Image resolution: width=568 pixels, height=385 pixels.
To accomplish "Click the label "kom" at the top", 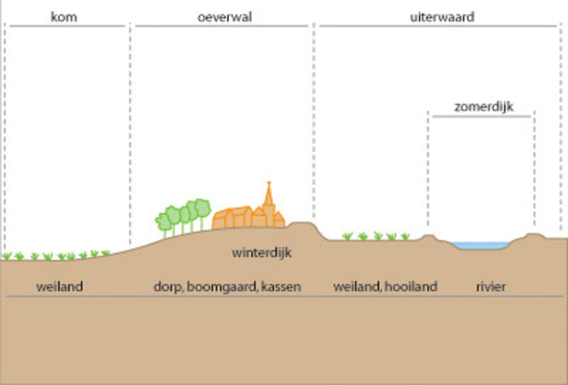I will (64, 17).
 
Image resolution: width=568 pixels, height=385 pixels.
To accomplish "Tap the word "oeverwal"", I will (224, 17).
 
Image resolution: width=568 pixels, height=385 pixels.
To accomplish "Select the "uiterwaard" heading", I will (442, 17).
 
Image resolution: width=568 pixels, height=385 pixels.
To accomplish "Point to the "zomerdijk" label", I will (484, 107).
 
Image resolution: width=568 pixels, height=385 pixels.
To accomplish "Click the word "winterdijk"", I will (262, 253).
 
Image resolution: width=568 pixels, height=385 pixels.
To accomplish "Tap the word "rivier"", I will (491, 287).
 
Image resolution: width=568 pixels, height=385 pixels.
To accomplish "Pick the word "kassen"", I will (281, 287).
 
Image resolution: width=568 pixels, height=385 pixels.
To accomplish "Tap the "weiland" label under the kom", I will (60, 287).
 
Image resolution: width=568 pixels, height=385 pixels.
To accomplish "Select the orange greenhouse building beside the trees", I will (231, 217).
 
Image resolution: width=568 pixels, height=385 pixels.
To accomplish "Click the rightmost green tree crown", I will (203, 208).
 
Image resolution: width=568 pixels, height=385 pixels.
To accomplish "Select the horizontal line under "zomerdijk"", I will (481, 116).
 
